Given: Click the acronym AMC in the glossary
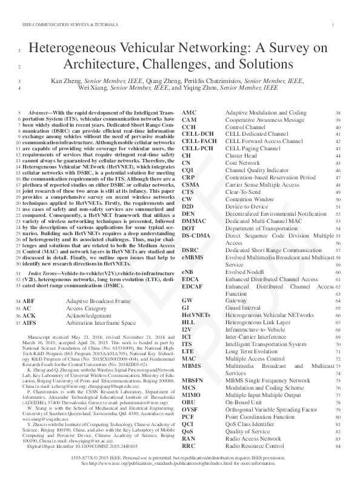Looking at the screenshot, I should click(x=189, y=113).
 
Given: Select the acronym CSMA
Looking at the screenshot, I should click(x=190, y=184).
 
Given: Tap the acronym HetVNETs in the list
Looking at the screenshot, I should click(x=196, y=315).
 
